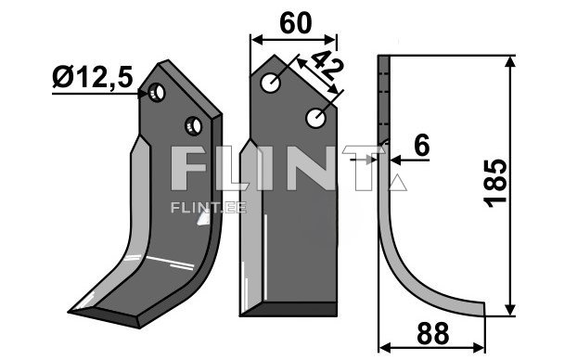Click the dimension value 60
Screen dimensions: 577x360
coord(296,23)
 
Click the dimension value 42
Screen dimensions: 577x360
coord(325,65)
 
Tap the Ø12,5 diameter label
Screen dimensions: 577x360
coord(93,77)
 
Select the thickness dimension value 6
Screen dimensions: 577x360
coord(421,145)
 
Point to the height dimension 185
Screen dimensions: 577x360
coord(495,183)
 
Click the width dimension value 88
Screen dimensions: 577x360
coord(432,333)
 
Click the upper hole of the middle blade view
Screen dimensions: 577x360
coord(271,83)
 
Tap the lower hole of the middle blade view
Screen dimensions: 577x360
coord(316,118)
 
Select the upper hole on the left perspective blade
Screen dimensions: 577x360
coord(157,92)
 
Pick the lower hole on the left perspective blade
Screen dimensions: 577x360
coord(193,126)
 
